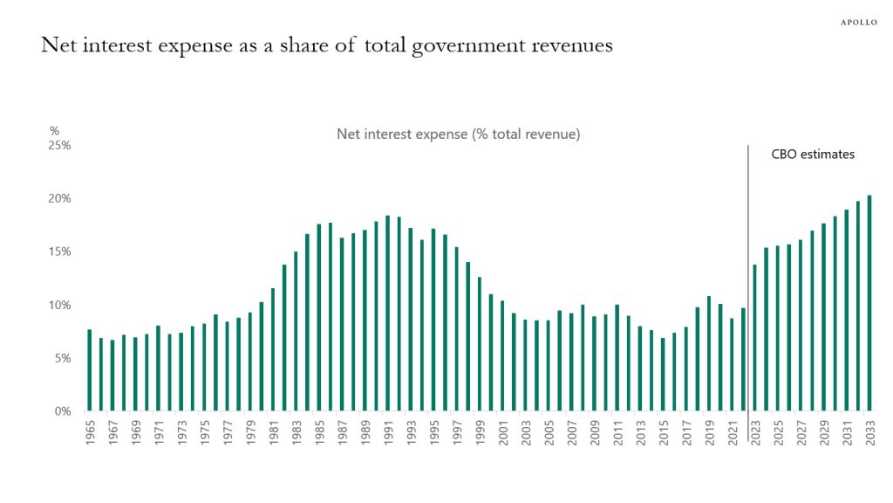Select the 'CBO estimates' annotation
(813, 155)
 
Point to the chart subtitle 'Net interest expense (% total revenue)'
(459, 134)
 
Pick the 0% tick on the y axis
(63, 411)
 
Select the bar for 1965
(89, 370)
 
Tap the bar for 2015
(663, 375)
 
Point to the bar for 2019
(709, 354)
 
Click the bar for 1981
(273, 349)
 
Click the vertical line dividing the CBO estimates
(748, 262)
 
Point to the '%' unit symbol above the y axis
(54, 131)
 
